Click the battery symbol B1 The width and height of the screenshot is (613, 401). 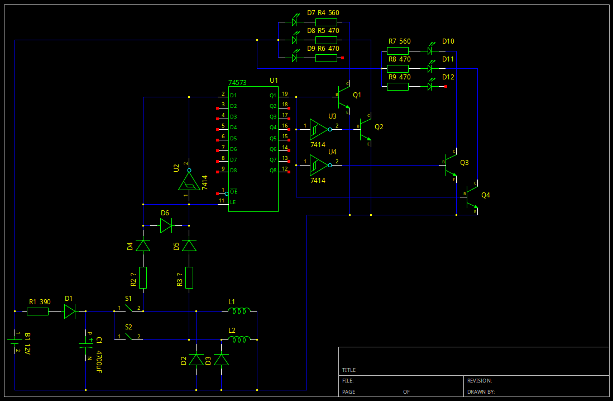pos(15,342)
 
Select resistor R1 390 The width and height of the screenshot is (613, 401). pos(37,311)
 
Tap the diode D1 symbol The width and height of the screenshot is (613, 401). pos(70,311)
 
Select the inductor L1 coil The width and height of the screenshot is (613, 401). pos(240,310)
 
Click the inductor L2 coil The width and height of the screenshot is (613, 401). pos(240,339)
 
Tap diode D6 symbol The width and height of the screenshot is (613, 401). pos(166,225)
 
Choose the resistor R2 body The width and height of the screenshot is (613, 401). pos(143,277)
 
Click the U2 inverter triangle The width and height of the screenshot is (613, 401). pos(189,181)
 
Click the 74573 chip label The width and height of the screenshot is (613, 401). pos(237,83)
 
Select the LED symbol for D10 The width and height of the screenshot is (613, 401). pos(430,50)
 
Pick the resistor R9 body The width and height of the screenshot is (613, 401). pos(398,86)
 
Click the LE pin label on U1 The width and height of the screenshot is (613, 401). pos(234,202)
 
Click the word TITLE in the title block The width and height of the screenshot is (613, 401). pos(349,370)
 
